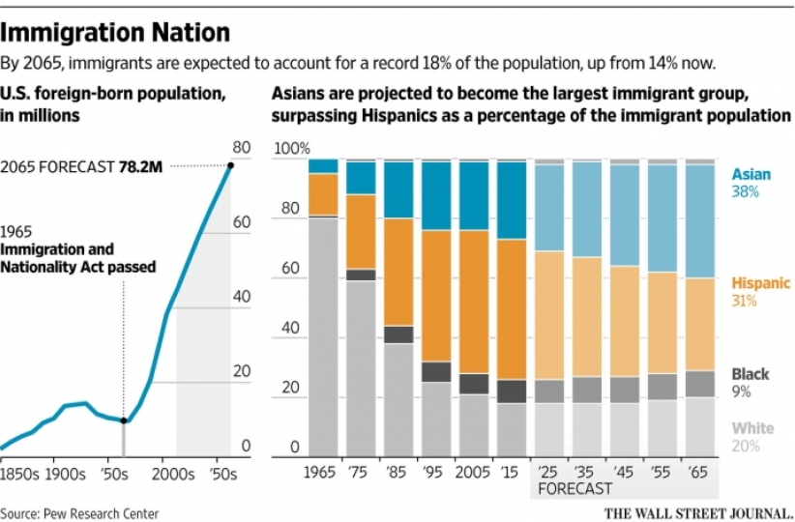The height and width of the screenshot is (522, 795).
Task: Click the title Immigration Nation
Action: (116, 32)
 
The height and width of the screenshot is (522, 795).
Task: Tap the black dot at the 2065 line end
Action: (230, 165)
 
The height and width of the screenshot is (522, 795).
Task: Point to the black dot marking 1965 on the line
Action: (123, 420)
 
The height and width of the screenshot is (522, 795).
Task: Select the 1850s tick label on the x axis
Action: (20, 478)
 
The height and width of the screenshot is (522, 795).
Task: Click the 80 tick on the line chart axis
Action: (241, 148)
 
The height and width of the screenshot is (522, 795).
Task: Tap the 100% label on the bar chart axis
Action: (292, 150)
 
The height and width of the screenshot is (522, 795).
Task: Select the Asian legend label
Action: (751, 175)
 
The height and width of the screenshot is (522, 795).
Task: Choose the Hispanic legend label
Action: (760, 284)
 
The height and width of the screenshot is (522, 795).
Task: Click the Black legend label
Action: (751, 374)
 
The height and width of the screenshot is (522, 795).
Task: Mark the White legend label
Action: (752, 428)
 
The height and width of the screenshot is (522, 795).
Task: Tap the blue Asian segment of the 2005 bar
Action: (474, 195)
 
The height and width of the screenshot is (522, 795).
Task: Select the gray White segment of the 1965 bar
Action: (323, 337)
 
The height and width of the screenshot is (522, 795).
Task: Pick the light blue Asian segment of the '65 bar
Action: (700, 220)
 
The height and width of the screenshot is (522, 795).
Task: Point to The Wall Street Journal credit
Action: (699, 511)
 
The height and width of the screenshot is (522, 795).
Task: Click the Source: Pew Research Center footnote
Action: (79, 513)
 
